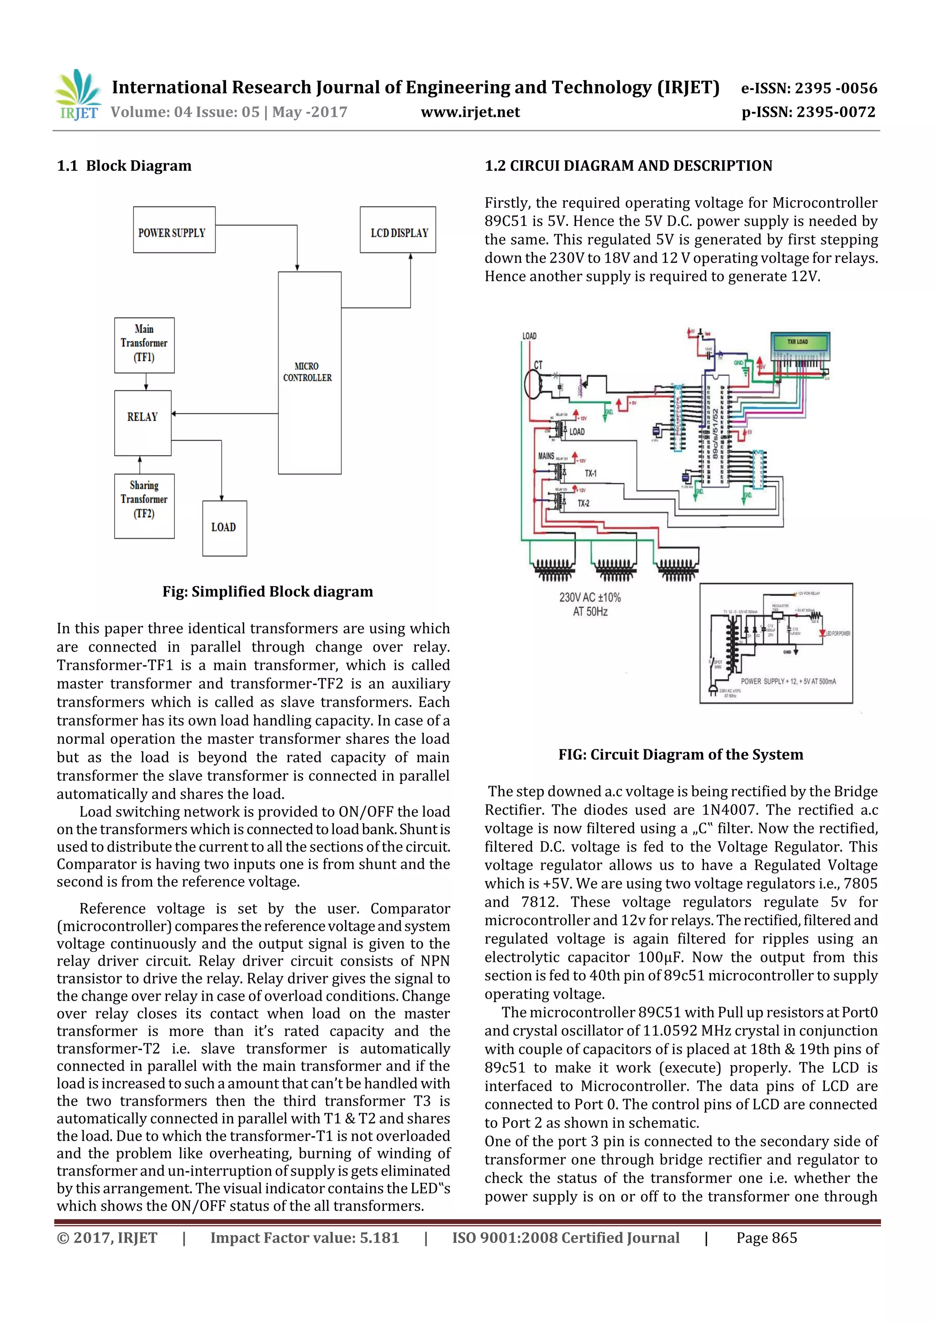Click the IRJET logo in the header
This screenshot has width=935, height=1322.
[x=77, y=94]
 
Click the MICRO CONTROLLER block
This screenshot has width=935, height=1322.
[x=310, y=372]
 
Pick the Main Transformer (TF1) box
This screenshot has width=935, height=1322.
[x=144, y=345]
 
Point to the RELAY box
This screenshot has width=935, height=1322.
[x=143, y=423]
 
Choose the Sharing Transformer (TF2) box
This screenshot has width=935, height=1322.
[x=144, y=506]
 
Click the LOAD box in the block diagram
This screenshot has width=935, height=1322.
[x=224, y=528]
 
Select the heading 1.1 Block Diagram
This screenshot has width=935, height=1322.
[x=124, y=166]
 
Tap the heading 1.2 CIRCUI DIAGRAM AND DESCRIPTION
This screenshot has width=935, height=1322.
[x=628, y=166]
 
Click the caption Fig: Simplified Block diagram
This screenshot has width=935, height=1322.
[x=268, y=591]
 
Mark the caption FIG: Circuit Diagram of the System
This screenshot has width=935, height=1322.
[x=680, y=754]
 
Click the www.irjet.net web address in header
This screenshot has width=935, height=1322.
[x=470, y=112]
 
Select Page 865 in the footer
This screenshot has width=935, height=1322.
[x=766, y=1238]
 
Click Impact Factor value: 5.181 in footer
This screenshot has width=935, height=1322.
[x=304, y=1238]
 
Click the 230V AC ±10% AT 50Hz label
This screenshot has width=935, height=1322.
[x=590, y=604]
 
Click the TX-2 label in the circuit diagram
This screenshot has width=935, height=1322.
[x=583, y=503]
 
